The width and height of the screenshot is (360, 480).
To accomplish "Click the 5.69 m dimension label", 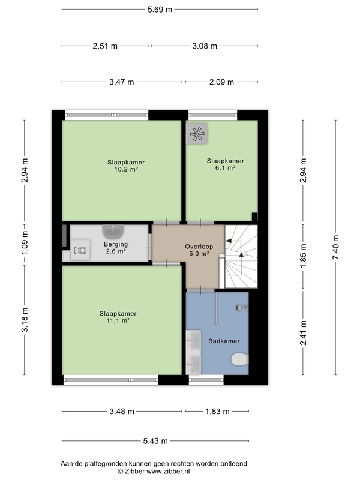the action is (x=160, y=10).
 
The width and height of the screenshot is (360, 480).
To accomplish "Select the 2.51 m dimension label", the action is (x=105, y=46).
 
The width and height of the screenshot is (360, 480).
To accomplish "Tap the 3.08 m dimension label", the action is (x=205, y=46).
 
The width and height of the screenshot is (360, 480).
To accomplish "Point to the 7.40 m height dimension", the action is (x=335, y=247).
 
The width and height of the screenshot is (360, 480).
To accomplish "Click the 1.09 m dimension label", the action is (x=25, y=243).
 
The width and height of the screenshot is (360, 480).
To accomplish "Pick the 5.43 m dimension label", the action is (x=155, y=441).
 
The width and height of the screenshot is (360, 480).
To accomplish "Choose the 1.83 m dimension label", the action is (x=217, y=412).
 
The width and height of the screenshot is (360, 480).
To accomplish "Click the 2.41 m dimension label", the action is (x=303, y=333).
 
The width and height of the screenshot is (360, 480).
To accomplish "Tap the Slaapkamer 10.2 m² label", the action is (x=126, y=166).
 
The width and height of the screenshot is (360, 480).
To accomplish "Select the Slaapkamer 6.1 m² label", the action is (x=226, y=164).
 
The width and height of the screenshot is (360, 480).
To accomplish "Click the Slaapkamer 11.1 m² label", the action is (x=118, y=317).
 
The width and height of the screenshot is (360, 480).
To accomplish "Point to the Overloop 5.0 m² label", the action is (x=199, y=250).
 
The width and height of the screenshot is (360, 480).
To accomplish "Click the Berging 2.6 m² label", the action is (x=116, y=248).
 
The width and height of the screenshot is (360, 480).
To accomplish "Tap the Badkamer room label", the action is (x=224, y=341).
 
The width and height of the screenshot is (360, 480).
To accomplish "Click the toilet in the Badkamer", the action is (x=239, y=359).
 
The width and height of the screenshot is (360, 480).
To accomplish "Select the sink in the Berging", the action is (x=113, y=232).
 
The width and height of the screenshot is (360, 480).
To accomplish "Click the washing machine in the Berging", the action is (x=80, y=250).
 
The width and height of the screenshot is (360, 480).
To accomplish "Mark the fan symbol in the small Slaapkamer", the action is (x=197, y=133).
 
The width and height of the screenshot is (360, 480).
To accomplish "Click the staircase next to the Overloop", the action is (x=241, y=257).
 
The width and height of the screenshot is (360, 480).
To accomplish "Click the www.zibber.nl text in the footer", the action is (x=169, y=471).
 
